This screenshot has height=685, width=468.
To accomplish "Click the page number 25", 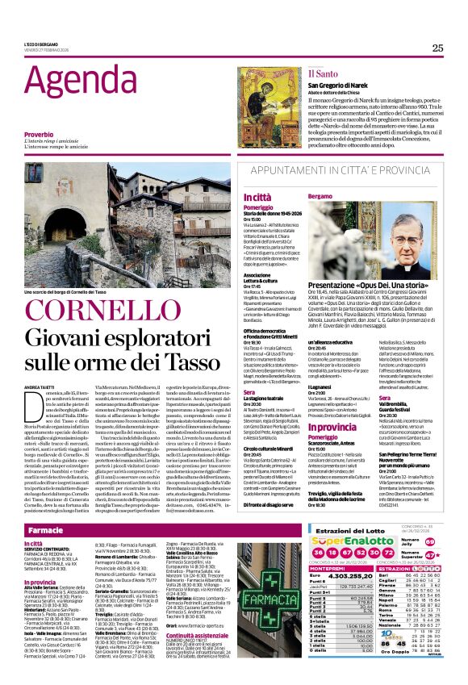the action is coord(437,48).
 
